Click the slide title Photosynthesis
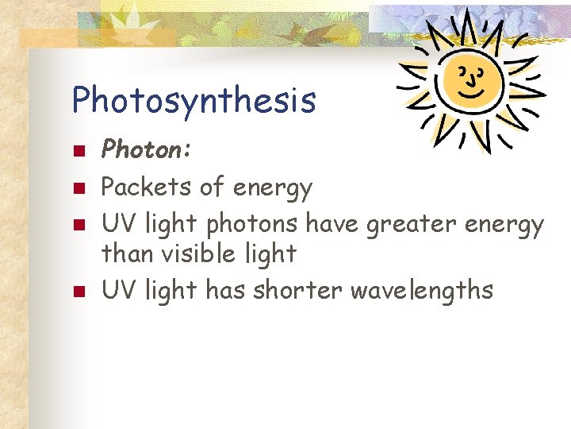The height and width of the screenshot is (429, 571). (194, 101)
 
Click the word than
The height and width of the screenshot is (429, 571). (128, 254)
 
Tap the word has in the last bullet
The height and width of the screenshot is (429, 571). (225, 290)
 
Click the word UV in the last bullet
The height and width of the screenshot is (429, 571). (118, 290)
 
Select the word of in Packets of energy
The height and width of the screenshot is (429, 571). (212, 187)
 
